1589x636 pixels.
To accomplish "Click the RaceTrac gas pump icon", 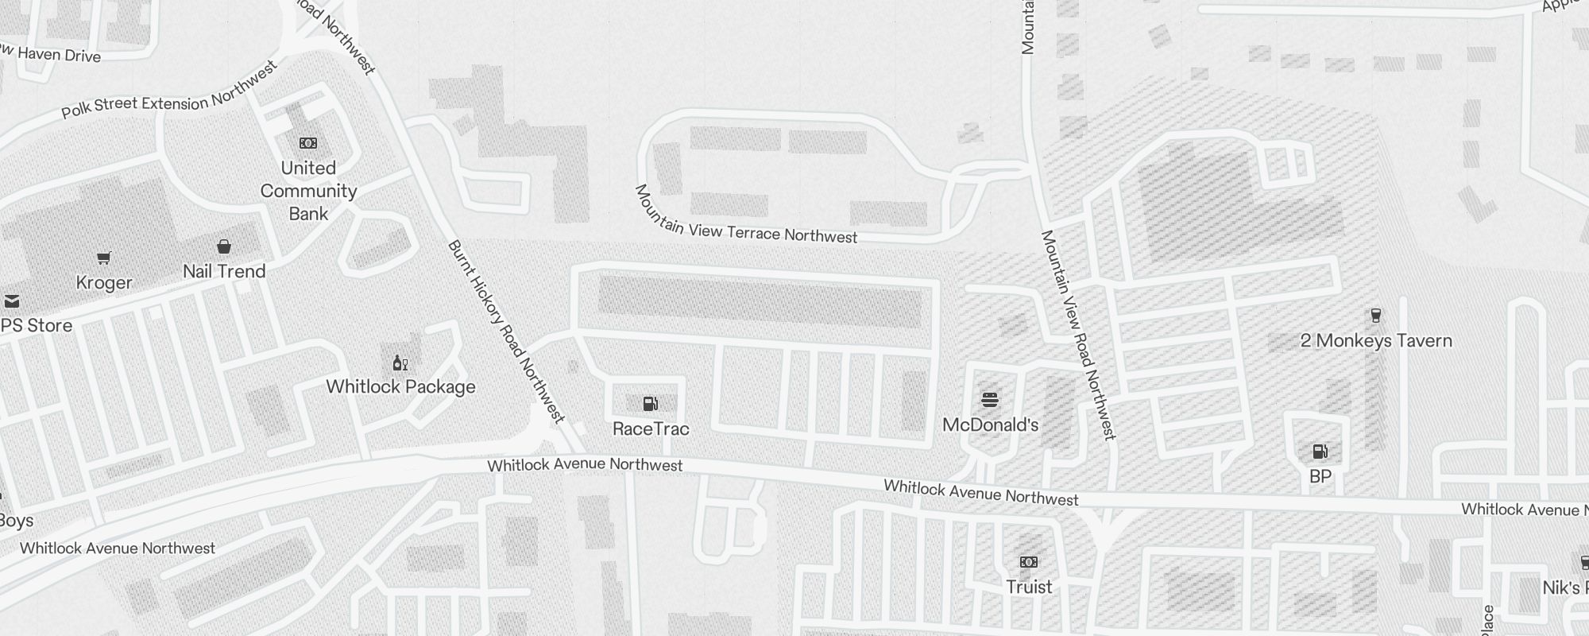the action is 650,404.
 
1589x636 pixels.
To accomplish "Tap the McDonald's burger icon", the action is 990,399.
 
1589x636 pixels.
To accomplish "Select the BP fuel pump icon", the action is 1320,452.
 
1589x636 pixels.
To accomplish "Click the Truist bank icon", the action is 1029,562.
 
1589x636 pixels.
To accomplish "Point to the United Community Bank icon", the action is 308,143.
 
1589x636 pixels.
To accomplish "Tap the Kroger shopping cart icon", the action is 104,258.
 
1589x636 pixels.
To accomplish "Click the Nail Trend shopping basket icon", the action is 224,246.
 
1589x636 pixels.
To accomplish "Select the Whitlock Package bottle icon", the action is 400,363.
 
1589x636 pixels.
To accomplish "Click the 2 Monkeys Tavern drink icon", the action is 1376,316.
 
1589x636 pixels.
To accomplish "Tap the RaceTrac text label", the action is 651,429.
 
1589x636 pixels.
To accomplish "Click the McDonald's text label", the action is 990,425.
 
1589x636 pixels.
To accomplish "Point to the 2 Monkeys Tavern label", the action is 1376,341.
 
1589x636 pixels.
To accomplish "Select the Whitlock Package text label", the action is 400,387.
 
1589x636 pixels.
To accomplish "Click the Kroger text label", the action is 104,283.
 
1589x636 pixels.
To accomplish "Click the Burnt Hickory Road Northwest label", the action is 506,332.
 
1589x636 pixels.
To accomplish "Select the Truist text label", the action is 1029,588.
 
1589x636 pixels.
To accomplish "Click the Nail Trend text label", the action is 224,272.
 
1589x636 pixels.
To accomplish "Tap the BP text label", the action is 1320,477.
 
